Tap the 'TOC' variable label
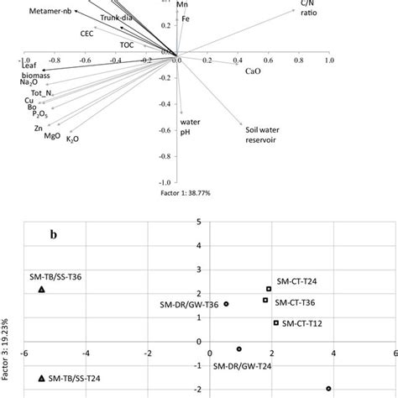(127, 43)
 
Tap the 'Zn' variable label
(39, 128)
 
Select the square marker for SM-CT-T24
(269, 289)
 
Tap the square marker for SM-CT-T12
(275, 323)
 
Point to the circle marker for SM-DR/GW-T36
(226, 304)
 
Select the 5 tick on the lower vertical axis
(198, 223)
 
